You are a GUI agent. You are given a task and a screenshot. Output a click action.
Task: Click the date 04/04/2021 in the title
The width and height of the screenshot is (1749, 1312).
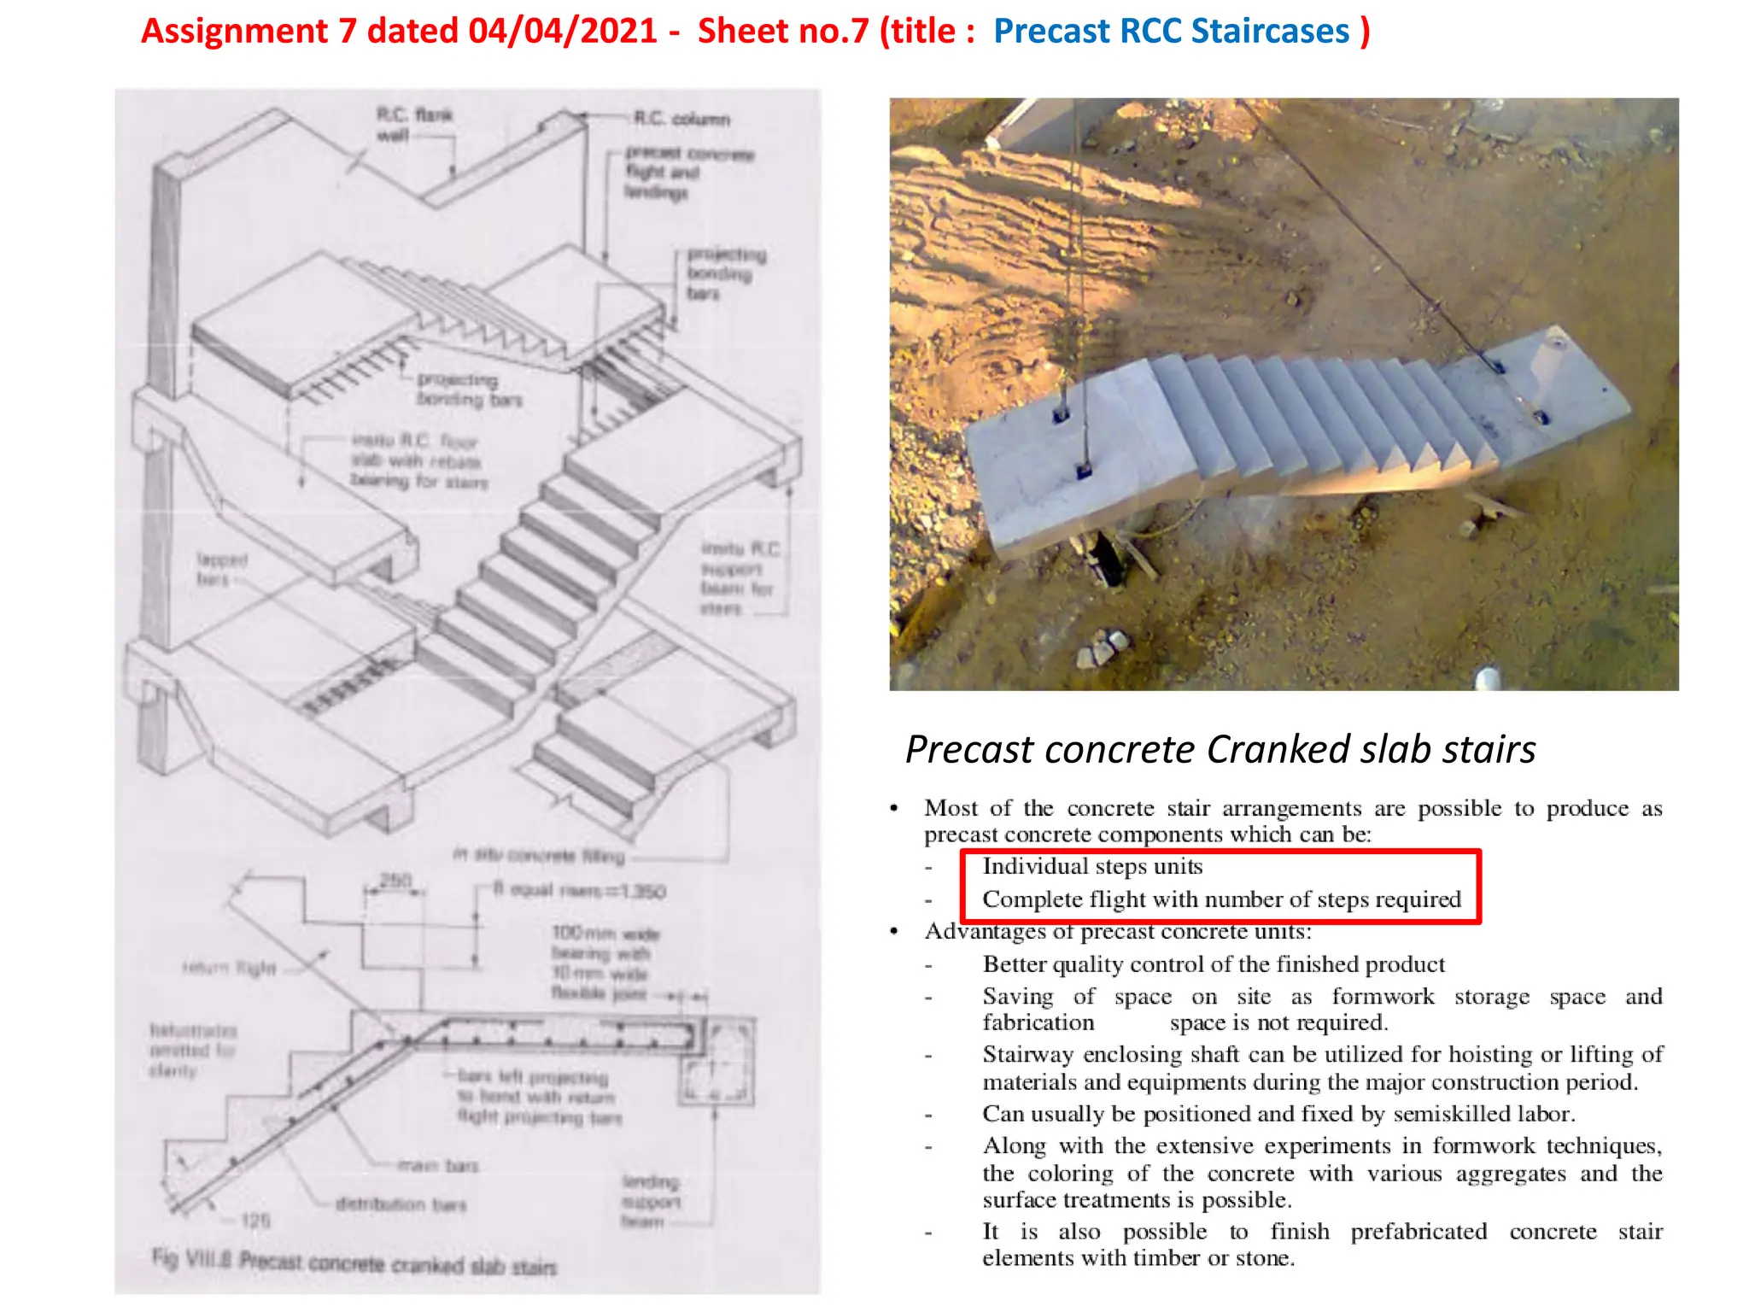point(562,32)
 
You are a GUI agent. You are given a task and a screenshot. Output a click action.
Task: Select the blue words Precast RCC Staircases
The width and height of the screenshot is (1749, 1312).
point(1171,32)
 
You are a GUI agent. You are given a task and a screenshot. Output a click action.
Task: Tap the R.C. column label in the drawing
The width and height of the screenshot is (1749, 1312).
point(681,119)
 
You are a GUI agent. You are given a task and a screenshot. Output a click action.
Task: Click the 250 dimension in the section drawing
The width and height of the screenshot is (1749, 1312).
point(395,879)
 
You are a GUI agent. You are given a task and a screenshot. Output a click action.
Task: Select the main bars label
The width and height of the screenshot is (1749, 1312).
point(438,1165)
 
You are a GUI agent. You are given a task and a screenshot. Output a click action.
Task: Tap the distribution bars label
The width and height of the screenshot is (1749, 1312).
point(401,1204)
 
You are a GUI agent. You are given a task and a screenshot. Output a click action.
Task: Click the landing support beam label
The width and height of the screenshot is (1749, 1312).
point(651,1201)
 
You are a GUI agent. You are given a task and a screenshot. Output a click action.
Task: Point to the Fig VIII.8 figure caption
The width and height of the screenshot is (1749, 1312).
point(354,1262)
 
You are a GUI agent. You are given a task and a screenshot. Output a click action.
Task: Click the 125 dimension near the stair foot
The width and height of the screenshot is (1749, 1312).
point(254,1221)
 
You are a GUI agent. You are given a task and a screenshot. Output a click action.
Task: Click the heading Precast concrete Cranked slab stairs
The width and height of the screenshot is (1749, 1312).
point(1220,749)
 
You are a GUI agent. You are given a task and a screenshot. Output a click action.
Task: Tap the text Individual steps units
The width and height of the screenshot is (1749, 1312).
point(1091,866)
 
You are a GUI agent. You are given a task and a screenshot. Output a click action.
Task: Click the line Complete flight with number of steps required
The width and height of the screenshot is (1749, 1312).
point(1221,899)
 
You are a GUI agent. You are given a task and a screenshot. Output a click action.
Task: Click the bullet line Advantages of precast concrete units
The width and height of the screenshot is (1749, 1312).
point(1117,931)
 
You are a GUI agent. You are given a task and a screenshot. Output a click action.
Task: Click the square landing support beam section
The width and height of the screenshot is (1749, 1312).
point(716,1063)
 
